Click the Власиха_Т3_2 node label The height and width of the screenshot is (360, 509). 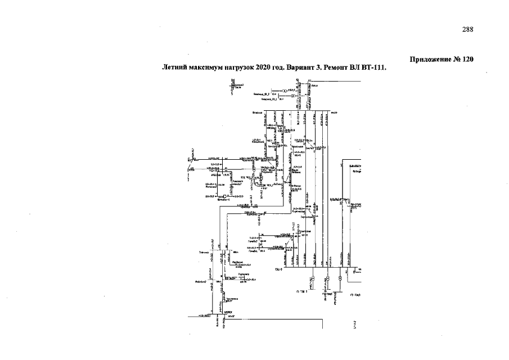[261, 94]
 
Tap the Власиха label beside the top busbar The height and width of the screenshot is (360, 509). [258, 112]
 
